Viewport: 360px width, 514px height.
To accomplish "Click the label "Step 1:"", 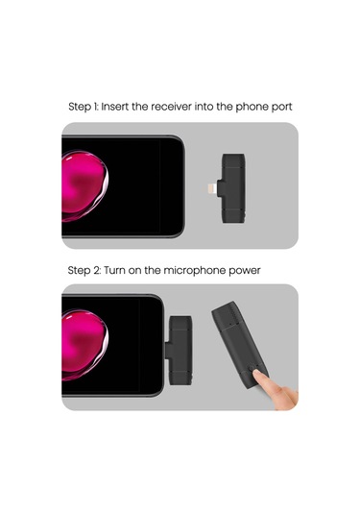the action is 84,108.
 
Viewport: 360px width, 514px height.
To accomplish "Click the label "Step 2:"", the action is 84,271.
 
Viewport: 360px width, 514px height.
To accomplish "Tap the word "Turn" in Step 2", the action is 114,271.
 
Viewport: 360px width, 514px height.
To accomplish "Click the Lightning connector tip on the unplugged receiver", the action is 211,189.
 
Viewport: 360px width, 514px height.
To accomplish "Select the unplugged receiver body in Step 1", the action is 233,188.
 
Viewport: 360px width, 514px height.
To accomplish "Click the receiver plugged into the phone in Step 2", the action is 179,350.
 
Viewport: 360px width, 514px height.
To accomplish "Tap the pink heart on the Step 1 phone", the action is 84,185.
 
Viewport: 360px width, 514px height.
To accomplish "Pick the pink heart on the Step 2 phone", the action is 84,345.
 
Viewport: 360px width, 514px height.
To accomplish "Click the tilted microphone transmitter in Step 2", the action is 240,345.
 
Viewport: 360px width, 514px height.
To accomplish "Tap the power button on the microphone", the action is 252,368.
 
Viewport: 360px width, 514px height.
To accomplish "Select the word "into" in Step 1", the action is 204,107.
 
